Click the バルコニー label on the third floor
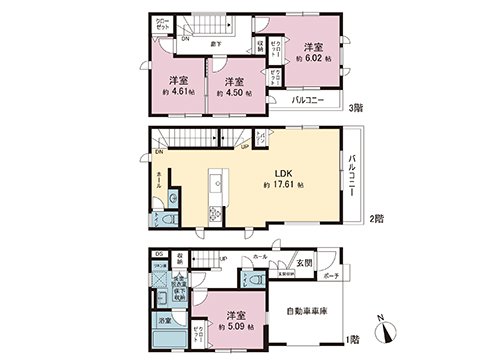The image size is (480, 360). point(312,101)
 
